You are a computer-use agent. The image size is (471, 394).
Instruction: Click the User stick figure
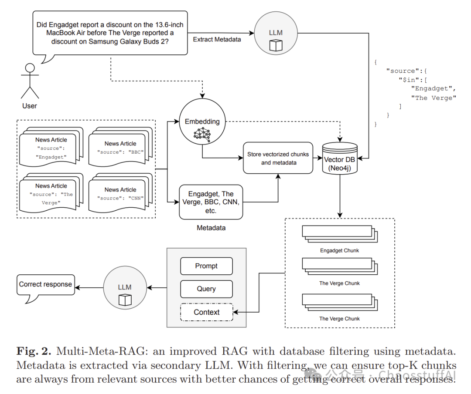(x=30, y=81)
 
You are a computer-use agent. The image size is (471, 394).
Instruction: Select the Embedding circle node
(x=202, y=121)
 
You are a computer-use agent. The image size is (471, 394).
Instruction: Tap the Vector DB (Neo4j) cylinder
(x=340, y=158)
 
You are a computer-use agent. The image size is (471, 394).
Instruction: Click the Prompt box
(x=206, y=266)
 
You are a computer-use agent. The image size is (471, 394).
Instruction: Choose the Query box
(x=206, y=289)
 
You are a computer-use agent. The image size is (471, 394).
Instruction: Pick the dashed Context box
(x=207, y=312)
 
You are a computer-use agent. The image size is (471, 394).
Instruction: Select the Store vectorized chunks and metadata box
(x=278, y=158)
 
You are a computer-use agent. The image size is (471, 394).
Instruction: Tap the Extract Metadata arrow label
(x=217, y=40)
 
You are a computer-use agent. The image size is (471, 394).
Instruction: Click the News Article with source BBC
(x=120, y=147)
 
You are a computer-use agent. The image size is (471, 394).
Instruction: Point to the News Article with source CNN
(x=120, y=193)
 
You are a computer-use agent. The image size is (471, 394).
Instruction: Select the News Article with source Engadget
(x=51, y=147)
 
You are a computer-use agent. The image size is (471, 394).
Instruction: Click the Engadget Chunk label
(x=339, y=250)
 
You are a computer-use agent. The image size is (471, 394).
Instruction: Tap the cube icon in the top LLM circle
(x=276, y=46)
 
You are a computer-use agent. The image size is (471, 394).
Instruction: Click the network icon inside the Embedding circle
(x=202, y=135)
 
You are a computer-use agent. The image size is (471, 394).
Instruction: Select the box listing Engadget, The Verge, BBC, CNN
(x=211, y=202)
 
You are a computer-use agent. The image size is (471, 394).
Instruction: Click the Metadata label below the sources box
(x=211, y=228)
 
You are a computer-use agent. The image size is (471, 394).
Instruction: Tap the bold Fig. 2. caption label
(x=34, y=351)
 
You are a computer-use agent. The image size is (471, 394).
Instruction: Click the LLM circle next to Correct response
(x=125, y=287)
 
